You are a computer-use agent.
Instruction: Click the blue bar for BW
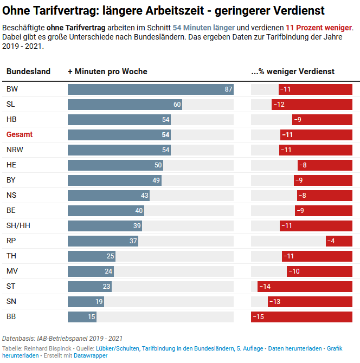pyautogui.click(x=150, y=89)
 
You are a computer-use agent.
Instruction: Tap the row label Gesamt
pyautogui.click(x=20, y=135)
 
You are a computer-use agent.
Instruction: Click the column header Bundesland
pyautogui.click(x=28, y=72)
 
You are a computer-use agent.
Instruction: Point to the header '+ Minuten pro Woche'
pyautogui.click(x=107, y=72)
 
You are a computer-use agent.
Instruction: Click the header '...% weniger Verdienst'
pyautogui.click(x=293, y=72)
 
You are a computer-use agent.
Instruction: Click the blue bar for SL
pyautogui.click(x=125, y=105)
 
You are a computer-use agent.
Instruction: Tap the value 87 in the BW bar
pyautogui.click(x=228, y=89)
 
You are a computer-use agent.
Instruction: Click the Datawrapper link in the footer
pyautogui.click(x=91, y=356)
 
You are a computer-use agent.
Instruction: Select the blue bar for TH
pyautogui.click(x=91, y=256)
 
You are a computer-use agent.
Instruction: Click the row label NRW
pyautogui.click(x=15, y=150)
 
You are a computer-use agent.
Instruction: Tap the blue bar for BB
pyautogui.click(x=82, y=317)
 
